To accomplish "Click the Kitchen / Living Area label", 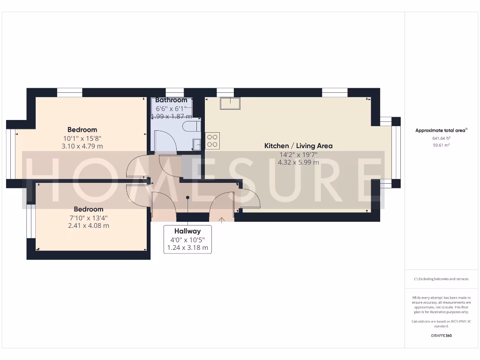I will [299, 146].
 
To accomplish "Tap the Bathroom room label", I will [171, 100].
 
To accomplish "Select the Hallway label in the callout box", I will [187, 231].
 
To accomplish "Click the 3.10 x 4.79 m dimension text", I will [82, 146].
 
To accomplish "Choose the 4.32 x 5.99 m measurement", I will [299, 163].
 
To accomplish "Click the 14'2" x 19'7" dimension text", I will [299, 154].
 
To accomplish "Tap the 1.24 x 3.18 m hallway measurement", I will [187, 247].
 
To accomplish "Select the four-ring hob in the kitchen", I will [212, 141].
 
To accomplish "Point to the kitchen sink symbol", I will [231, 103].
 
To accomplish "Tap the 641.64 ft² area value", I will [441, 138].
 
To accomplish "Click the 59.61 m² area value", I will [441, 145].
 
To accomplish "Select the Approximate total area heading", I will [441, 130].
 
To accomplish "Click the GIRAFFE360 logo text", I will [441, 336].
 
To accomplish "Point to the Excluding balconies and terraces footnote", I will [441, 279].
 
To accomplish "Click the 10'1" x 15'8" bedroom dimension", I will [82, 138].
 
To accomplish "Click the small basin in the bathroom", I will [197, 144].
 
